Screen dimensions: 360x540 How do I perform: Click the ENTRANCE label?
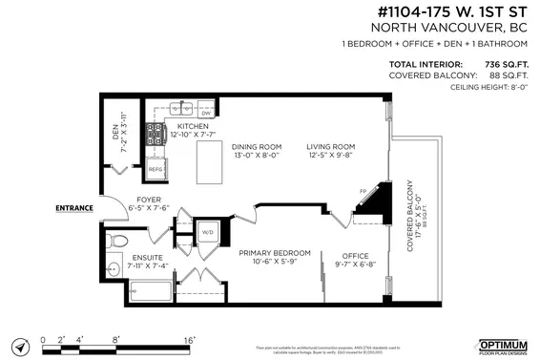coord(74,207)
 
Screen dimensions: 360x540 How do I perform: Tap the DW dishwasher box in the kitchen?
coord(205,113)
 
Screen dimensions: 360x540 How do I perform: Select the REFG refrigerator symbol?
coord(156,168)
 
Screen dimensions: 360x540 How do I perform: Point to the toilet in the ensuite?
coord(114,238)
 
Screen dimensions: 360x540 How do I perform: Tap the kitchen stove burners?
coord(156,135)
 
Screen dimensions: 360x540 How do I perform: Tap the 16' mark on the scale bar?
coord(189,338)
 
